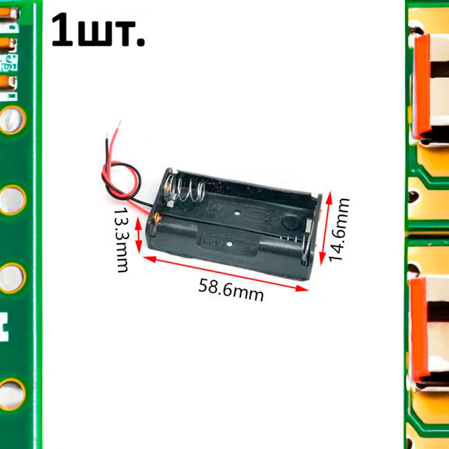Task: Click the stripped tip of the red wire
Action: pyautogui.click(x=119, y=125)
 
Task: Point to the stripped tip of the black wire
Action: pyautogui.click(x=106, y=138)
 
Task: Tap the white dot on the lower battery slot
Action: pyautogui.click(x=228, y=245)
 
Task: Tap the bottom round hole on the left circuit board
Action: pyautogui.click(x=11, y=394)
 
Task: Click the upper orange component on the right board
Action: pyautogui.click(x=422, y=85)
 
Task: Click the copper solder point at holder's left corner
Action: pyautogui.click(x=158, y=217)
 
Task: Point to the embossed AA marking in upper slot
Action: pyautogui.click(x=218, y=207)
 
